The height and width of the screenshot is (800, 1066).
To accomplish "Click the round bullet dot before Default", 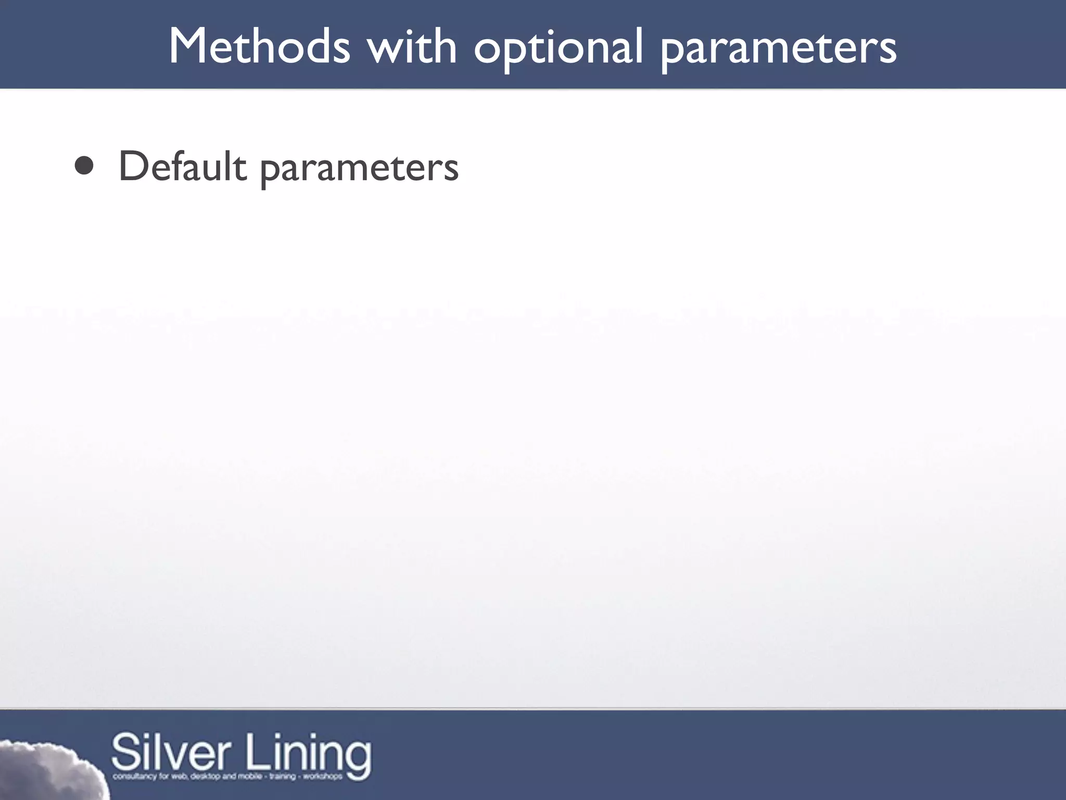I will point(84,166).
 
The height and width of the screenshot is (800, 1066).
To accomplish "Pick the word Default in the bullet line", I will point(182,166).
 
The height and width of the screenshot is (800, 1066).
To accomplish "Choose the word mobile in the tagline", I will point(249,777).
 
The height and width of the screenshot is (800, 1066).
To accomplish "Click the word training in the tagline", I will point(282,777).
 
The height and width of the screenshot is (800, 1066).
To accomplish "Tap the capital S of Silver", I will point(125,753).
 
